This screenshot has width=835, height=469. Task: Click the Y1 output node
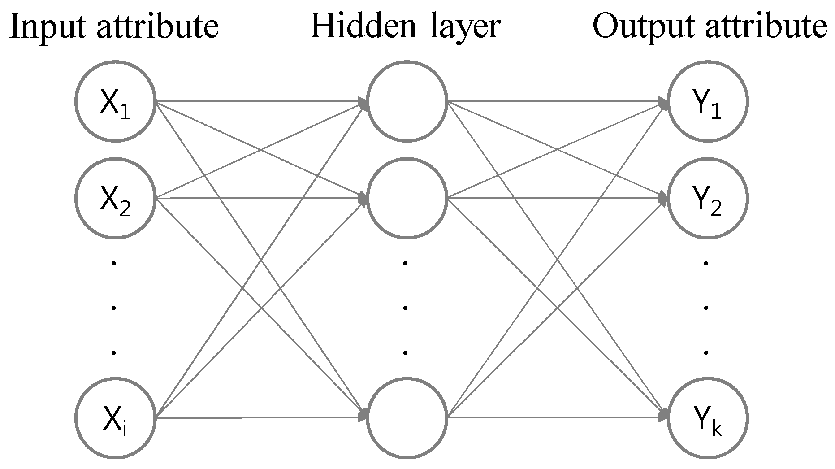(708, 101)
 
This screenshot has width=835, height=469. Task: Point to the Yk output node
(708, 418)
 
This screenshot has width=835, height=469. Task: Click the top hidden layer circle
(407, 101)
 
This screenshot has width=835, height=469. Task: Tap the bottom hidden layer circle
(407, 418)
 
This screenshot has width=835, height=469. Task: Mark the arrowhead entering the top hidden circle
(363, 103)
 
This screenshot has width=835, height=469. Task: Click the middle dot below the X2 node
(114, 308)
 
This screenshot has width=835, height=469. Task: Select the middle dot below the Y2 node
(706, 308)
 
